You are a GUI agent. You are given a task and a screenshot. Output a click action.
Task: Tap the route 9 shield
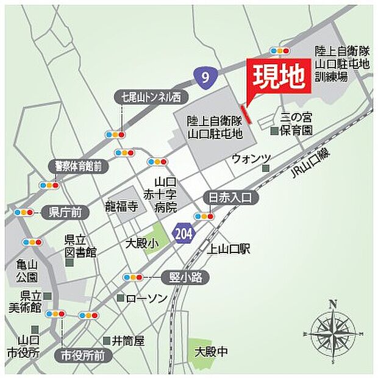(x=205, y=75)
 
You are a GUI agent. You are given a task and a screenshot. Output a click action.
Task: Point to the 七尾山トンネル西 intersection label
(x=151, y=96)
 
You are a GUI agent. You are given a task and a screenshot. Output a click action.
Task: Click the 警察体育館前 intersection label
(x=78, y=165)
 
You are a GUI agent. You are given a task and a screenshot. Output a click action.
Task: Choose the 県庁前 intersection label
(x=65, y=212)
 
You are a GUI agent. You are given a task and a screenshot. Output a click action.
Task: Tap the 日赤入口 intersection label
(x=230, y=197)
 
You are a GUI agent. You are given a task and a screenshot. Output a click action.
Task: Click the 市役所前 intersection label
(x=83, y=355)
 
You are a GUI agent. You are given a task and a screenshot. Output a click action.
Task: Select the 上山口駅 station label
(x=229, y=249)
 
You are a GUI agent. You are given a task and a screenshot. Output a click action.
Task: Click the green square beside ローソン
(x=121, y=299)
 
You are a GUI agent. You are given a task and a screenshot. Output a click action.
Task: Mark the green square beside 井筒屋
(x=105, y=340)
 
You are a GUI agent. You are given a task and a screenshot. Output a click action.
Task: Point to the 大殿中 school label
(x=211, y=352)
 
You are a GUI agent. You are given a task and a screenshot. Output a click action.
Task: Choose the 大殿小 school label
(x=140, y=243)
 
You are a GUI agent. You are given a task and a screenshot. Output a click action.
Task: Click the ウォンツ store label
(x=251, y=159)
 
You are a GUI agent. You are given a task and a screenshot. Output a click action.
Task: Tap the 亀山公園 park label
(x=27, y=271)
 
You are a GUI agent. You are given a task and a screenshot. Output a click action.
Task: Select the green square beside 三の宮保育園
(x=275, y=130)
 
